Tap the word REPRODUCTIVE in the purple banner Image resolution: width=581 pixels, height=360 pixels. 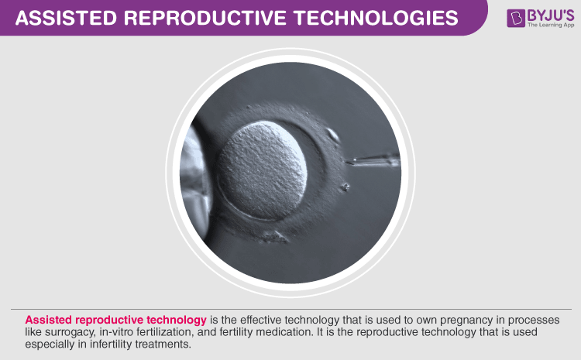205,18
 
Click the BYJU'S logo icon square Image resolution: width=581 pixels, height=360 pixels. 516,18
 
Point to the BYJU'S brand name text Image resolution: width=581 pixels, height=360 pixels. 551,15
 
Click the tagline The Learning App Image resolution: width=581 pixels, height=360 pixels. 551,26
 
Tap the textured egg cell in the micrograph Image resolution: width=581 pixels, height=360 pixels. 262,170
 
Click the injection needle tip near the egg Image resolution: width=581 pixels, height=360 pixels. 346,162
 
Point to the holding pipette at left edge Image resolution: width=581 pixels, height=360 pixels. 195,178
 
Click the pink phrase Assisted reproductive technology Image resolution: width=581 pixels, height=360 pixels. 115,320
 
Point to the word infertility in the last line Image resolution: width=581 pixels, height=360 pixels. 111,344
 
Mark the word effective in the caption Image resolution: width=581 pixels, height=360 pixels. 261,320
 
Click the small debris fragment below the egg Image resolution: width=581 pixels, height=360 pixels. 274,237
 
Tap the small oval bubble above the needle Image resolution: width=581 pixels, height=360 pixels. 332,135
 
